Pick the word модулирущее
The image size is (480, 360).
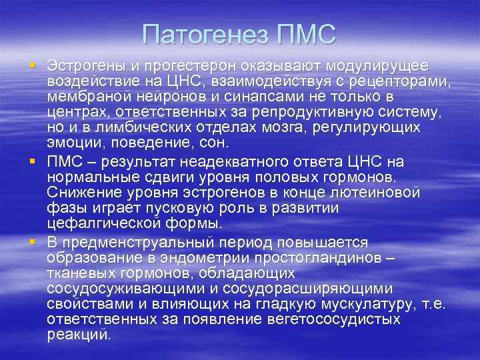pos(375,67)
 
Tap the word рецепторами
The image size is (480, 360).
pos(394,82)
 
